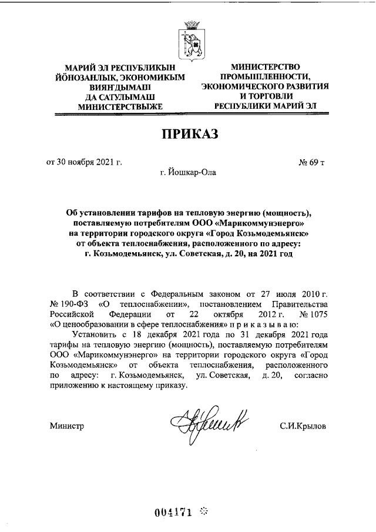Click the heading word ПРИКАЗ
click(189, 134)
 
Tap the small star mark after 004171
click(204, 510)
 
